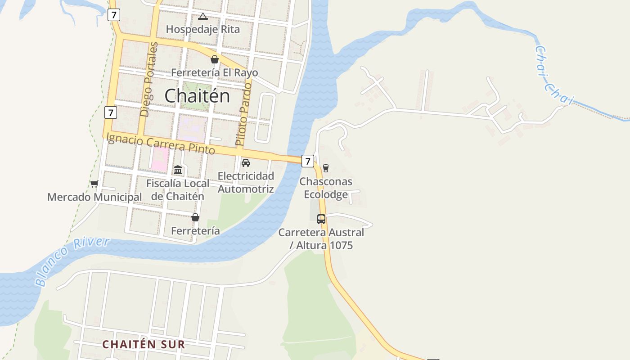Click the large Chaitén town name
[197, 96]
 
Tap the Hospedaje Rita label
[203, 29]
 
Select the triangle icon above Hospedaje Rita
[202, 17]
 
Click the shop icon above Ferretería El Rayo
[215, 59]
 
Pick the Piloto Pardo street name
[243, 114]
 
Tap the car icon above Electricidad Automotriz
[246, 162]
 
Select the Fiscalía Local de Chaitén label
[178, 189]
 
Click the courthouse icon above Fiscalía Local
[178, 170]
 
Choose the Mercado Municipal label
[94, 197]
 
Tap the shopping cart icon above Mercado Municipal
[94, 184]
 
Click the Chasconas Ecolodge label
[326, 188]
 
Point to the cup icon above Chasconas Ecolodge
[326, 168]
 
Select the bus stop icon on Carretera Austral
[321, 219]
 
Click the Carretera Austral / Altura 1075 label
[321, 239]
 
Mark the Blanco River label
[72, 261]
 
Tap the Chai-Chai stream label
[553, 76]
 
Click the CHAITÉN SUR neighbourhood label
[144, 345]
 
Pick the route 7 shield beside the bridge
[307, 161]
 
